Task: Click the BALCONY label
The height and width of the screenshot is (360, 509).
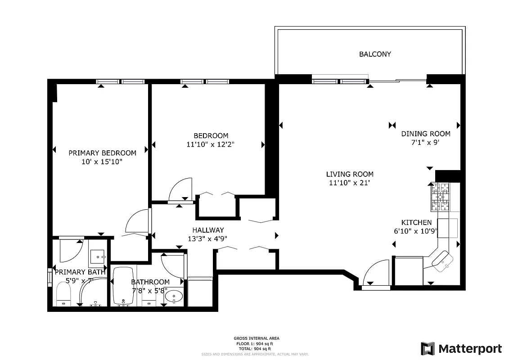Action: coord(375,54)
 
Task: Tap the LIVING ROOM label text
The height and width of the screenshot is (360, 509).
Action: coord(350,174)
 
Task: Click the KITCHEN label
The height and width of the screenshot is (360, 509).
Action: coord(416,222)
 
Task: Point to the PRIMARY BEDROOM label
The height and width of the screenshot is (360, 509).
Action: coord(102,153)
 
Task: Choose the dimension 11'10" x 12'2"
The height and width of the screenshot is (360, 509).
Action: coord(211,144)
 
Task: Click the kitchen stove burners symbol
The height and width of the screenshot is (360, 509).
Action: coord(440,197)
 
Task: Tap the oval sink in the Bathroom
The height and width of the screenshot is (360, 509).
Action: coord(174,296)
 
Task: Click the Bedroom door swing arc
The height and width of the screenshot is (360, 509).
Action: coord(180,189)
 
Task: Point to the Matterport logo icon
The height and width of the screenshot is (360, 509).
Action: coord(428,349)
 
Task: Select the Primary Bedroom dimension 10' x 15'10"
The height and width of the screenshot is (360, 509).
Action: coord(102,161)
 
